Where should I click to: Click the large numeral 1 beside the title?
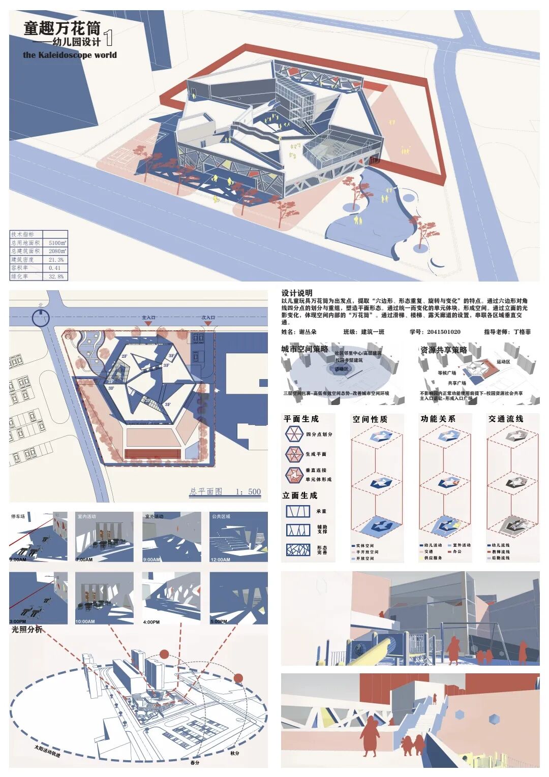tap(108, 38)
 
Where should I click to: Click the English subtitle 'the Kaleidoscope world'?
tap(70, 55)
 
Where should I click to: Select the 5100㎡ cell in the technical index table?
tap(57, 243)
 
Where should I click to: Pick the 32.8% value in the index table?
tap(56, 276)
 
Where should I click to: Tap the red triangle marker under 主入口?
tap(148, 324)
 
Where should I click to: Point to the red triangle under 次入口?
tap(207, 324)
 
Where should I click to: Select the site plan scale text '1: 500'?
tap(248, 491)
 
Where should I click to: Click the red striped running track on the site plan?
tap(152, 453)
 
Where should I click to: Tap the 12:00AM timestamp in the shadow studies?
tap(220, 560)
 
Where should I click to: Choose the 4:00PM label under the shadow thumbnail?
tap(151, 621)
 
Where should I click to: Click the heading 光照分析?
tap(27, 630)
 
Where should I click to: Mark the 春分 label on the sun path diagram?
tap(195, 762)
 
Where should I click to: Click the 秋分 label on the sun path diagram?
tap(234, 753)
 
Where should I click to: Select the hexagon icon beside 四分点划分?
tap(294, 434)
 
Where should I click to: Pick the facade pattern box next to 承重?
tap(297, 511)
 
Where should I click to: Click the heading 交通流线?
tap(505, 419)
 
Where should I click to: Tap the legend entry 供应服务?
tap(433, 558)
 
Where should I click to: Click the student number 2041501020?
tap(443, 332)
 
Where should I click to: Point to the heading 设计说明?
tap(297, 293)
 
